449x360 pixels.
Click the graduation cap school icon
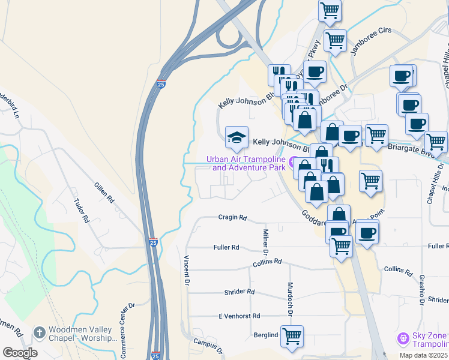237,137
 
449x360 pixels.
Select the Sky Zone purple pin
403,339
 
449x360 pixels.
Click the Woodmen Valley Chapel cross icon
39,332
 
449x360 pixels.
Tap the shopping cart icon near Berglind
292,336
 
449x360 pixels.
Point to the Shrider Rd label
240,292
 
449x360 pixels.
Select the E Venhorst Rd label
239,316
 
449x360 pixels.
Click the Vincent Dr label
187,271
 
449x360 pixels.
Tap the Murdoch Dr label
290,299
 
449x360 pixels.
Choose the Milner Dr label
265,240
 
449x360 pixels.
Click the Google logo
20,353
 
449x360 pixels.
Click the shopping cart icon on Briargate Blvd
436,142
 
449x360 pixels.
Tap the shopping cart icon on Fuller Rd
342,245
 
